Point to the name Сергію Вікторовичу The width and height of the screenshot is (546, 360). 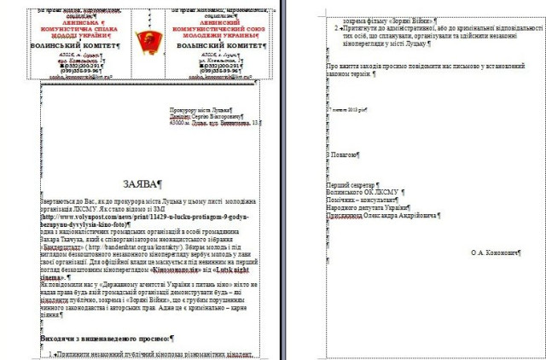(225, 117)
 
